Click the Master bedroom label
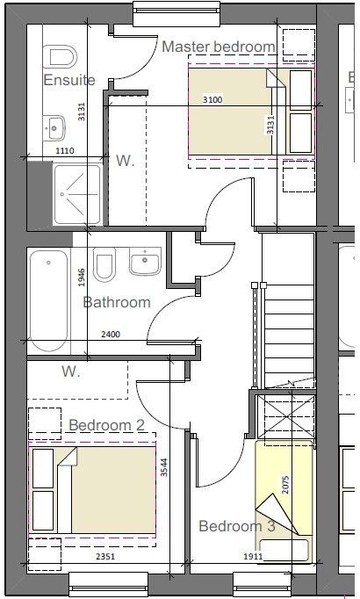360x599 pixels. [x=218, y=47]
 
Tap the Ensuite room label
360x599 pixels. [x=69, y=81]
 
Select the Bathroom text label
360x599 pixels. [x=117, y=303]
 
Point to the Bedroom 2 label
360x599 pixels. [x=106, y=425]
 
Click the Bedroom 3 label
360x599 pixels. [x=236, y=526]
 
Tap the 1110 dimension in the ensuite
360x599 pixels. [x=64, y=151]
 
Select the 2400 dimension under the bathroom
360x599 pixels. [x=111, y=335]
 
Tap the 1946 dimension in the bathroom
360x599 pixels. [x=81, y=278]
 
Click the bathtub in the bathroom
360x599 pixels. [x=49, y=299]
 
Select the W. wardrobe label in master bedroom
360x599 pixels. [x=124, y=161]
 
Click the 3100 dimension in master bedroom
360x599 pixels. [x=212, y=100]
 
